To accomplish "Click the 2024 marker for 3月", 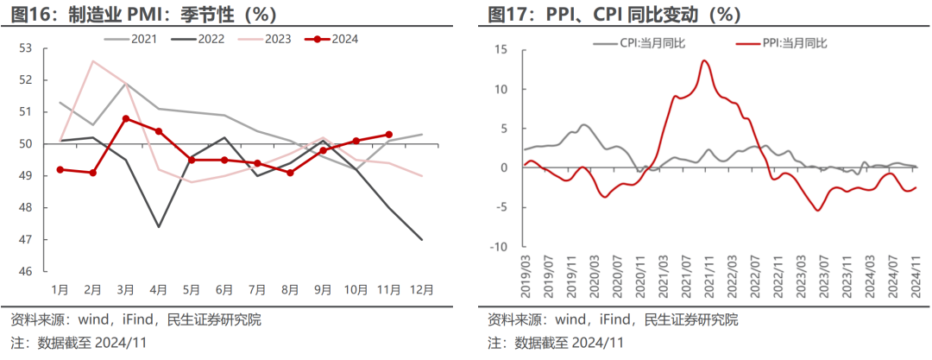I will coord(126,118).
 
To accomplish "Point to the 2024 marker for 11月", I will coord(389,135).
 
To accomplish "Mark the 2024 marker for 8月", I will coord(291,173).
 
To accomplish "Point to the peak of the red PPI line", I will coord(705,60).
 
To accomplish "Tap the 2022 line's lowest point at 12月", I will coord(422,240).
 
